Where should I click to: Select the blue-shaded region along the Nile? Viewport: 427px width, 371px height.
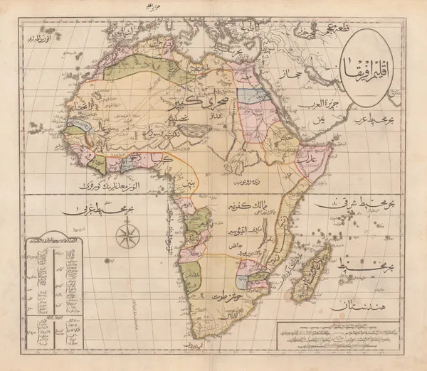[x=248, y=95]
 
